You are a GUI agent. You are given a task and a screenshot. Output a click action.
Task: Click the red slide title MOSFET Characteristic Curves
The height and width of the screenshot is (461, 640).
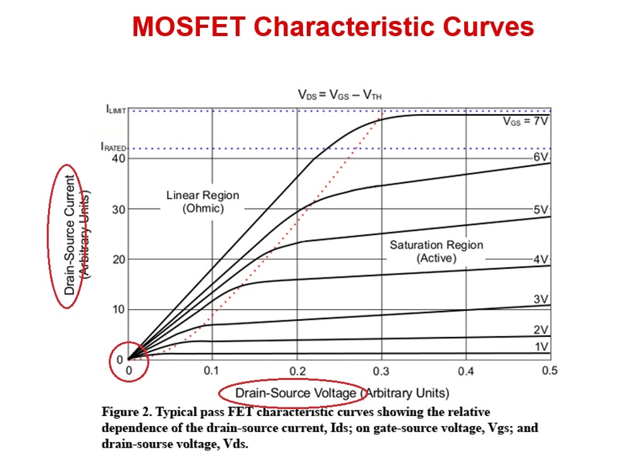(333, 27)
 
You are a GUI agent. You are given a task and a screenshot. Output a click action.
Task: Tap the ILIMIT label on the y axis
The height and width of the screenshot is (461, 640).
(116, 110)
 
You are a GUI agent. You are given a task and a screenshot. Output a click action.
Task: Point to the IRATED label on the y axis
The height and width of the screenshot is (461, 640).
(114, 147)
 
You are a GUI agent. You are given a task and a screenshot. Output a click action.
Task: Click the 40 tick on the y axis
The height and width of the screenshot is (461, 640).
(118, 158)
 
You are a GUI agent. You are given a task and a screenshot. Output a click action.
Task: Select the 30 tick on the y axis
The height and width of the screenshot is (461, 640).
(118, 209)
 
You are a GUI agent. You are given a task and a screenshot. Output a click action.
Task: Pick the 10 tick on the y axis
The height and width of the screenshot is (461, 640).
(118, 310)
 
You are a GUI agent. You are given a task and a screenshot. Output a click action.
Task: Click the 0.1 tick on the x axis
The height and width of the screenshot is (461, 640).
(212, 371)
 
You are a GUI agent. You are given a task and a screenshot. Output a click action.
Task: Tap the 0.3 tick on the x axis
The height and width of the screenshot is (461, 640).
(381, 371)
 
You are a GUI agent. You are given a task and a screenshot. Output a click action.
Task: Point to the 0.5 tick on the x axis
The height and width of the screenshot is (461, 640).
(550, 371)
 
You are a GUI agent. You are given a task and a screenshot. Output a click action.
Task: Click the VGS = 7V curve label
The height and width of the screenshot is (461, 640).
(525, 122)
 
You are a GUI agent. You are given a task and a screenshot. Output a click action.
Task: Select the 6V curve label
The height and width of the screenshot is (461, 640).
(539, 157)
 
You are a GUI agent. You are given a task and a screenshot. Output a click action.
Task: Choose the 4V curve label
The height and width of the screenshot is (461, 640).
(539, 259)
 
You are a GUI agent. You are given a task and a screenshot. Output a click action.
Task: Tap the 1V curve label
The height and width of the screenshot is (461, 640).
(539, 346)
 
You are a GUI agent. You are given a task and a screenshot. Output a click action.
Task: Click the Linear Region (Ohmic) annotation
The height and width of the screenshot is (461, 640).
(203, 201)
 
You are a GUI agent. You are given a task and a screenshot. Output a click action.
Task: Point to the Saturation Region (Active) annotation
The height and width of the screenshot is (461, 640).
(436, 251)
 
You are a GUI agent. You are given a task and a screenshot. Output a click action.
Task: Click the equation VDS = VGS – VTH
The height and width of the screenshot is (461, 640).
(340, 95)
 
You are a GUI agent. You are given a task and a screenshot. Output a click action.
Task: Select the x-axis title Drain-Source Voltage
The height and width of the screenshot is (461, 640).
(296, 393)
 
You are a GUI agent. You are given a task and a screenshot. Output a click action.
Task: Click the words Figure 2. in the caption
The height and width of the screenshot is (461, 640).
(125, 412)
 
